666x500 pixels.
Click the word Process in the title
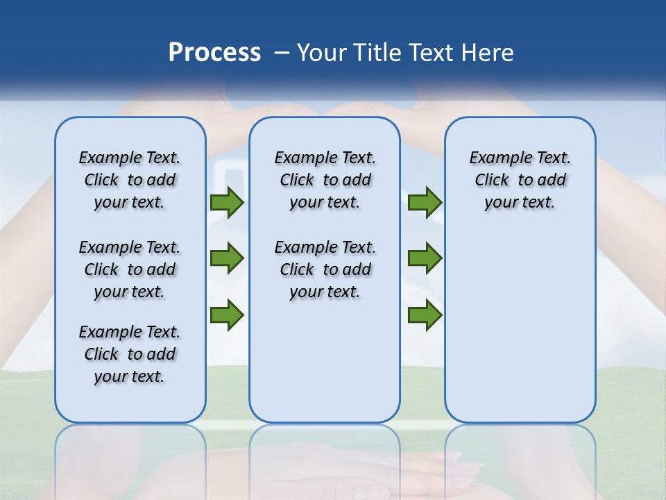pos(214,53)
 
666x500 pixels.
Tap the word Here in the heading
pos(488,53)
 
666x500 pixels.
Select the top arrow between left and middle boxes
pos(227,203)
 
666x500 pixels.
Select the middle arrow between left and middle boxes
pos(227,258)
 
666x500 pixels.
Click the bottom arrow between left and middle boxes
pos(227,315)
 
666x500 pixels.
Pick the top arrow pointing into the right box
pos(425,203)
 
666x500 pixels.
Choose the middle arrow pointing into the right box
pos(425,258)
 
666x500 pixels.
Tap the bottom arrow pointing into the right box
pos(425,315)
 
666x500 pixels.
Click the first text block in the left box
pos(130,180)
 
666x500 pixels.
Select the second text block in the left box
pos(130,269)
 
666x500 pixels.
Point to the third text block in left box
pos(130,354)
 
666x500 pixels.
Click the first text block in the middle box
pos(325,180)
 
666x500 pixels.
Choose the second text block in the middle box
pos(325,269)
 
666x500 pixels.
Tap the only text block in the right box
pos(520,180)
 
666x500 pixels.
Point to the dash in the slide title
pos(282,53)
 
